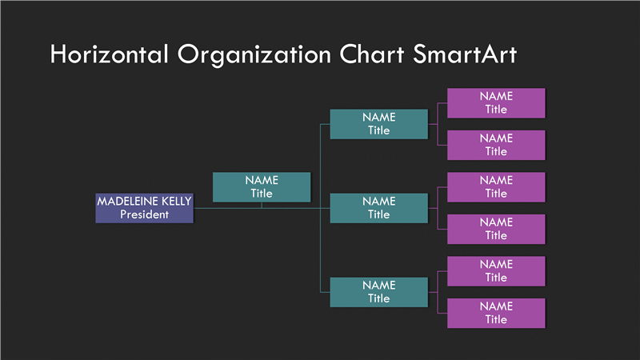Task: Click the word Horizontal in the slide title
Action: pos(109,54)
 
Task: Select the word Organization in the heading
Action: pos(254,55)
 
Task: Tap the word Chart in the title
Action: pos(371,54)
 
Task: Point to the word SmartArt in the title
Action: pos(465,54)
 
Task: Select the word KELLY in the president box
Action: pos(176,201)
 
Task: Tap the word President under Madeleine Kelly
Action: pos(144,214)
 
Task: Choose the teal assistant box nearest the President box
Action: pos(262,187)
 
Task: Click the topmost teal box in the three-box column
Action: pos(378,124)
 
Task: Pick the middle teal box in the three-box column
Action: pos(378,208)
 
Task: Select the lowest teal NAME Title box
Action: pos(378,292)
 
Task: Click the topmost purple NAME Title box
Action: pos(496,103)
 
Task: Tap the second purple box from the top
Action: pos(496,145)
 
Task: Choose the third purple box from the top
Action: pos(496,187)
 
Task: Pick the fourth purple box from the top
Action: pos(496,229)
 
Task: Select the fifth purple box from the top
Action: pos(496,271)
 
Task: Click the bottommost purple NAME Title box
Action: pos(496,313)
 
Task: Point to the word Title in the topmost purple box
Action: pos(496,110)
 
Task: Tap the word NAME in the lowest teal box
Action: pos(378,286)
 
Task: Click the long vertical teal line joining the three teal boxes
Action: pos(321,208)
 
